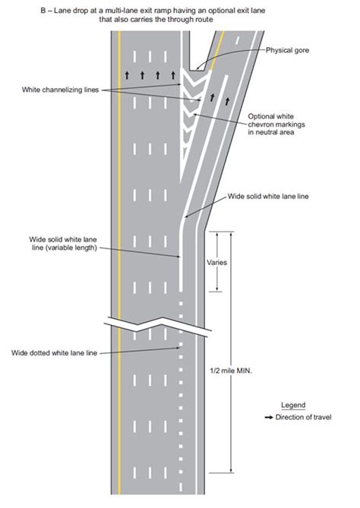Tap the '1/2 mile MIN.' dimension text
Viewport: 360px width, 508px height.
pyautogui.click(x=233, y=370)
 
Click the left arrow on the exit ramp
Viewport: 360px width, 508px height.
pyautogui.click(x=212, y=97)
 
